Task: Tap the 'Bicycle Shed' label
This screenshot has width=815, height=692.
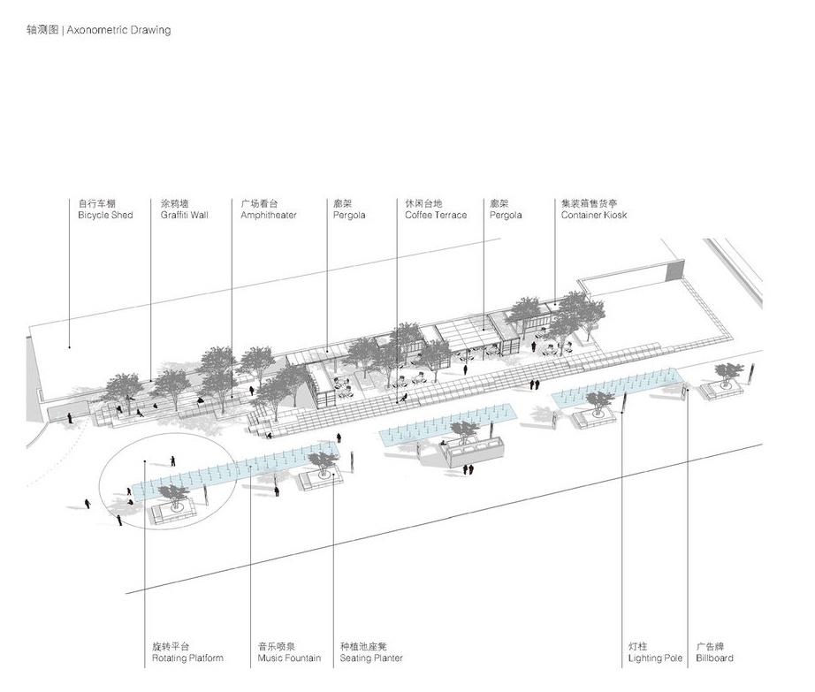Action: coord(105,216)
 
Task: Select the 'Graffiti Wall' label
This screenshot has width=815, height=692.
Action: coord(184,216)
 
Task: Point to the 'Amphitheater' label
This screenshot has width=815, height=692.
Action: coord(269,216)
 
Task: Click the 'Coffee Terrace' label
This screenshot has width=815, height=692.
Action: coord(436,216)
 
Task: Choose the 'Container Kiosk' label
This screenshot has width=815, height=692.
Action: coord(593,216)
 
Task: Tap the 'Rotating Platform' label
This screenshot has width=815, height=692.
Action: coord(187,658)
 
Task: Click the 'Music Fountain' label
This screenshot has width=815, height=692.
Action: coord(289,658)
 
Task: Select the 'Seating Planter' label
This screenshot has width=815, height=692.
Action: coord(371,658)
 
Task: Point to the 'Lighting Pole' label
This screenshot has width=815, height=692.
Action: coord(655,658)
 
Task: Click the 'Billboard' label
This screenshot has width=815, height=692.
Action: coord(714,658)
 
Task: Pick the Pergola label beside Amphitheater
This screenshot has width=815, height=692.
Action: coord(349,216)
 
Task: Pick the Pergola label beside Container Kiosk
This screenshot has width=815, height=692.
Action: coord(506,216)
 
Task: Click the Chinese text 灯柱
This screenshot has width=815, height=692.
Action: coord(638,646)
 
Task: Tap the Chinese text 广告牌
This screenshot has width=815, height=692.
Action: coord(709,646)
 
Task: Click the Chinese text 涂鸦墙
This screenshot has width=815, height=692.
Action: coord(174,203)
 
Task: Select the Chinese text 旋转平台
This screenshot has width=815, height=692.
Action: coord(171,646)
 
